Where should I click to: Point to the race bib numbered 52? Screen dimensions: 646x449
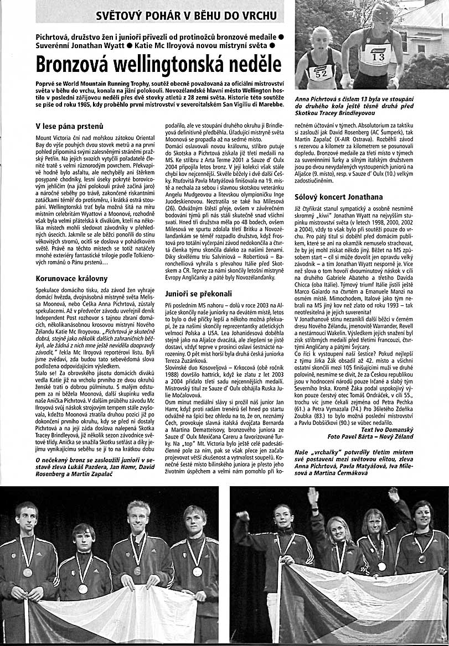point(321,72)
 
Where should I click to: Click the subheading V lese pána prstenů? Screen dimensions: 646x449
point(69,126)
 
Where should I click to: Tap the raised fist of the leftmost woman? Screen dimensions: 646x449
point(242,515)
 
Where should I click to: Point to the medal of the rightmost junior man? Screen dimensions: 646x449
point(197,571)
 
